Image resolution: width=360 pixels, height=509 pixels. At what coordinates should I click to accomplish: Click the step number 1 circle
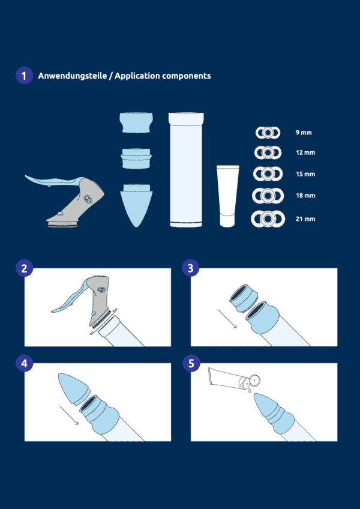[x=24, y=76]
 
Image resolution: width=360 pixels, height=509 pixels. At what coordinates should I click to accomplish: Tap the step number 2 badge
[x=24, y=268]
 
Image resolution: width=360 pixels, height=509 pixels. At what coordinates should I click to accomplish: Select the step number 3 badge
[x=191, y=268]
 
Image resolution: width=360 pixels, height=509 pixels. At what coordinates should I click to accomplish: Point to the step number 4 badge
[x=24, y=364]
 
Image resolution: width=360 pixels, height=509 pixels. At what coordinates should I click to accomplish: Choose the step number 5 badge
[x=191, y=364]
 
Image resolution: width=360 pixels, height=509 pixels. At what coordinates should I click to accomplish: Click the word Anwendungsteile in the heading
[x=72, y=76]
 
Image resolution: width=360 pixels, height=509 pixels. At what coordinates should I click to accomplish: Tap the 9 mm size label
[x=304, y=133]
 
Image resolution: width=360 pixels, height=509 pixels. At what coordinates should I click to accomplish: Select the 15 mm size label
[x=305, y=174]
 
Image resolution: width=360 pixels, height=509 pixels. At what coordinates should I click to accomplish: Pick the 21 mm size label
[x=305, y=219]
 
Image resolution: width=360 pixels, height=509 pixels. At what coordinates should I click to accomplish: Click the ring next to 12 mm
[x=268, y=152]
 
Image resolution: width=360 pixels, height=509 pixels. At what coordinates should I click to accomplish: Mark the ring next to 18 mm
[x=268, y=196]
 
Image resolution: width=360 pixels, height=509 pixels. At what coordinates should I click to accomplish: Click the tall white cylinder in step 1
[x=186, y=169]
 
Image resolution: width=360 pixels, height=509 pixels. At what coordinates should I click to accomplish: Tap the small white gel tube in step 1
[x=228, y=196]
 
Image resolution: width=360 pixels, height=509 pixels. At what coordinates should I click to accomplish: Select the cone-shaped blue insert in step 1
[x=136, y=205]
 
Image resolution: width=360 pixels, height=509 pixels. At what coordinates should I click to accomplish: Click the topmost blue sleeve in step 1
[x=136, y=122]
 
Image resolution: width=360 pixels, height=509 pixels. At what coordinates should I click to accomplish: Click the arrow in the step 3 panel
[x=227, y=319]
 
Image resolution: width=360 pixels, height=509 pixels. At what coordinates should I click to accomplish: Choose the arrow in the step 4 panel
[x=69, y=415]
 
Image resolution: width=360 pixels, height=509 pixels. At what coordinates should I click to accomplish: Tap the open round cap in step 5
[x=255, y=379]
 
